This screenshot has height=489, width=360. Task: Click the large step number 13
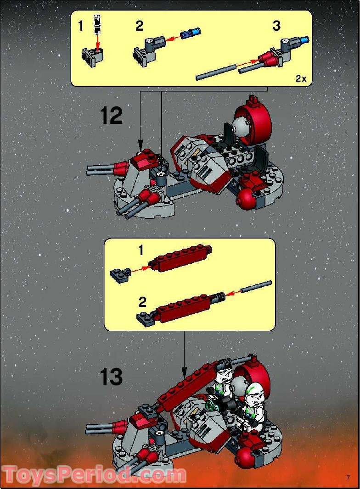tap(112, 377)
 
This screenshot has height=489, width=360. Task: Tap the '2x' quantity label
tap(301, 78)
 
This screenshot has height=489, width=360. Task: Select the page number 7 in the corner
tap(349, 478)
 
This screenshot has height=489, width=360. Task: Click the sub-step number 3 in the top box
tap(276, 26)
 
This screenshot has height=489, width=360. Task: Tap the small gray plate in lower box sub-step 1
tap(120, 276)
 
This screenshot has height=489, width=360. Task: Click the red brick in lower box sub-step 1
tap(180, 260)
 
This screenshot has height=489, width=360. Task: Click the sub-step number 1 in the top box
tap(81, 26)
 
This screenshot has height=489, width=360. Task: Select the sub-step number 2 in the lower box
tap(142, 302)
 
